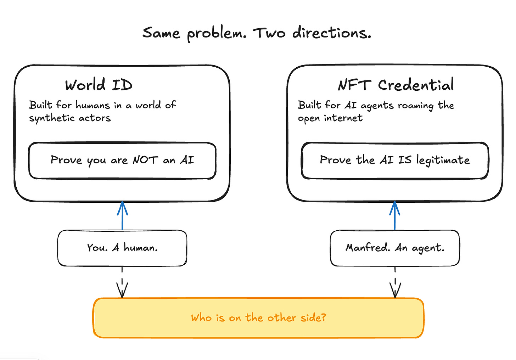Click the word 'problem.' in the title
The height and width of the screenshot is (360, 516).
pos(217,34)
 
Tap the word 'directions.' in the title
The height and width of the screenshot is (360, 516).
pos(332,33)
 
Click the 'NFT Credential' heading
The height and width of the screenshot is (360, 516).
pos(396,85)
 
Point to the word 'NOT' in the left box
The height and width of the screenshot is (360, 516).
pos(145,160)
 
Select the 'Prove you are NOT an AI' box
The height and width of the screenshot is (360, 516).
pos(122,161)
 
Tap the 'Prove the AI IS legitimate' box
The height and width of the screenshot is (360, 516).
pos(395,161)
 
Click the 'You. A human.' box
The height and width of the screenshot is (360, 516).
pos(122,248)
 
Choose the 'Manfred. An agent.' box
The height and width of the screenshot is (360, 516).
pos(395,248)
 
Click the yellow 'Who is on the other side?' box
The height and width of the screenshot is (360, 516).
pos(258,318)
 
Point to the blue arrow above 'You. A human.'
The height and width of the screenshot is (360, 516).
pos(122,215)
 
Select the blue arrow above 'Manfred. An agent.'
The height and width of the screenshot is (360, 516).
pos(394,215)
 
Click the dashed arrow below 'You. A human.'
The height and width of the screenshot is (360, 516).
pos(122,282)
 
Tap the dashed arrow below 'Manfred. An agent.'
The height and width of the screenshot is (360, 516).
pos(395,282)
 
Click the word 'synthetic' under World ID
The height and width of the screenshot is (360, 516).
pos(52,118)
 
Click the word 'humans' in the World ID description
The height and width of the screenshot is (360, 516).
pos(93,106)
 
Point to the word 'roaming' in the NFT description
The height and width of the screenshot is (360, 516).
pos(416,106)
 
